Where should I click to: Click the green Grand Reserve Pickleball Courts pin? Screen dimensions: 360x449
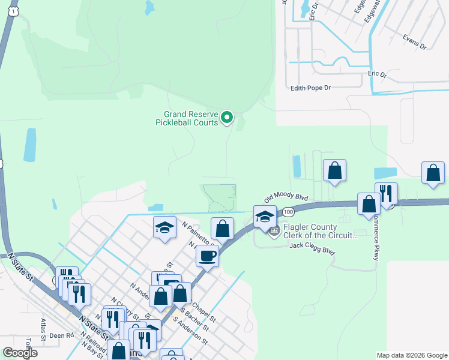click(x=226, y=118)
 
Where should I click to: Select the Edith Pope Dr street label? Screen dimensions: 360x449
click(x=310, y=88)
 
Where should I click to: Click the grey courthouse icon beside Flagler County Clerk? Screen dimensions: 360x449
click(x=274, y=231)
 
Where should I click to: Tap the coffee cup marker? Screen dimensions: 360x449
click(x=207, y=256)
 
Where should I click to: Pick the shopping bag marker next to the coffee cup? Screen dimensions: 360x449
click(x=222, y=228)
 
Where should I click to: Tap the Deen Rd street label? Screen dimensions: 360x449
click(x=61, y=335)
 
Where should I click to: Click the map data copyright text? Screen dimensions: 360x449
click(x=412, y=355)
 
